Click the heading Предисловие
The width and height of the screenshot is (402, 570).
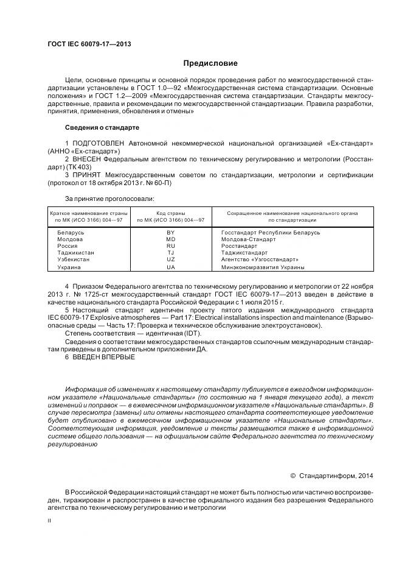click(210, 63)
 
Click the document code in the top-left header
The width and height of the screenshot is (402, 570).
click(89, 44)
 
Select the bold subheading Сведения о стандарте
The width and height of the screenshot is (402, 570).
click(102, 128)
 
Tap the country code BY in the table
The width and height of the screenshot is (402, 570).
click(170, 233)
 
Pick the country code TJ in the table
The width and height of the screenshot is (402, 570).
click(170, 252)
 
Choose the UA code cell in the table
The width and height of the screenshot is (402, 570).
click(170, 267)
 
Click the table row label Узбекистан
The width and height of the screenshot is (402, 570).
click(74, 259)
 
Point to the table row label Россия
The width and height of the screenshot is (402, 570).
click(67, 245)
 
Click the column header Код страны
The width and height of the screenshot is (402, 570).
click(170, 213)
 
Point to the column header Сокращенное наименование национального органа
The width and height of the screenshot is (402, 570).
click(292, 213)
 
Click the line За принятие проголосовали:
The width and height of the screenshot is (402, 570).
click(109, 199)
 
